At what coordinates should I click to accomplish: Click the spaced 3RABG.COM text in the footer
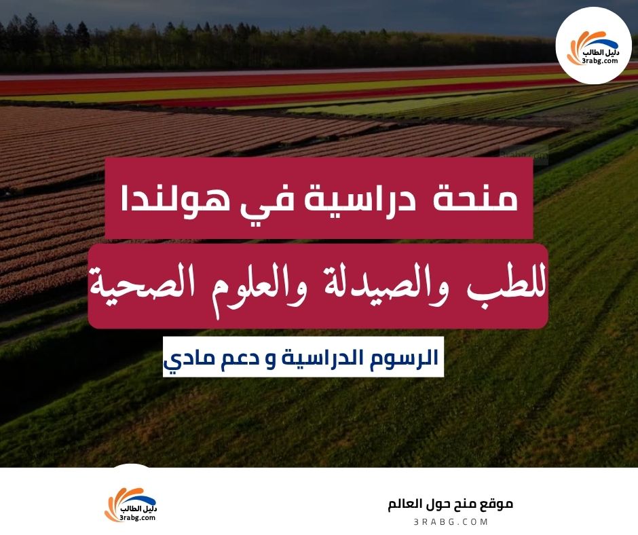tap(450, 522)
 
